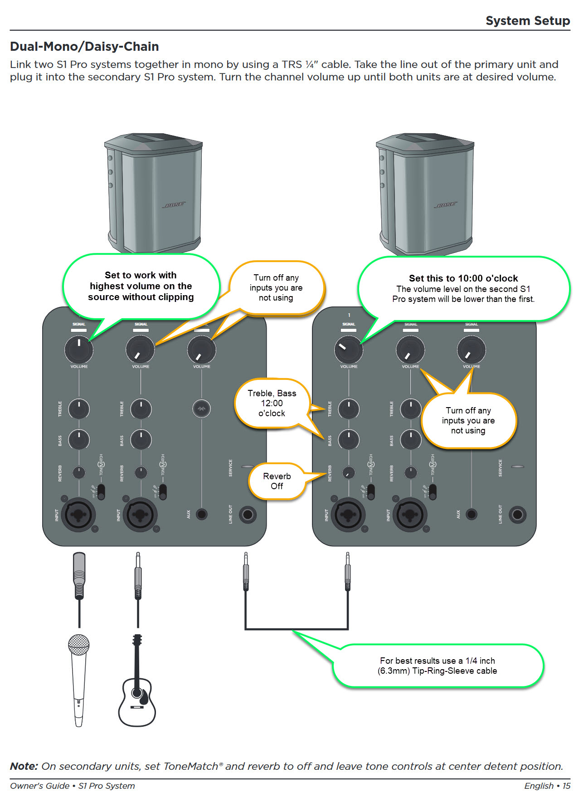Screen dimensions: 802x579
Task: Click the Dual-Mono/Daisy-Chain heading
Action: point(84,47)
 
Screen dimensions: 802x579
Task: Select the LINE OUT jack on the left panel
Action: point(248,514)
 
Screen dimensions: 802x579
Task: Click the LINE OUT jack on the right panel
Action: point(517,514)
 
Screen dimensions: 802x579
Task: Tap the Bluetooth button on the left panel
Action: point(201,408)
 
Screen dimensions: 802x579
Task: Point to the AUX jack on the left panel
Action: point(202,514)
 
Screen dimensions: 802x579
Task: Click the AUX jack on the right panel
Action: point(472,514)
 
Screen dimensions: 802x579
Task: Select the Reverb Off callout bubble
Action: point(277,481)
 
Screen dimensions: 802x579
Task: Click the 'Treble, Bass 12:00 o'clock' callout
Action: point(272,403)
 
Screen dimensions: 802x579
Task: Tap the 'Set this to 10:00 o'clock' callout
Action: point(463,288)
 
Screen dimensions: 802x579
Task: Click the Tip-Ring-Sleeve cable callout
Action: point(438,666)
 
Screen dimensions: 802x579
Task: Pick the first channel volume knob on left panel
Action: point(79,349)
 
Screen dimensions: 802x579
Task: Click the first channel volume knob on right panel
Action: point(349,349)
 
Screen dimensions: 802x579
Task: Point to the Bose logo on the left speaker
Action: point(174,204)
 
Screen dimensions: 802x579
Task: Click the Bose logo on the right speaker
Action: point(446,204)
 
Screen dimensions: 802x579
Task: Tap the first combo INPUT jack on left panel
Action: point(78,515)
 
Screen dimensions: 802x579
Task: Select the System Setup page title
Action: point(527,21)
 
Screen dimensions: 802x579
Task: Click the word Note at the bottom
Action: point(24,766)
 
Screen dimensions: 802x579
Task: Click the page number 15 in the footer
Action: point(566,786)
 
